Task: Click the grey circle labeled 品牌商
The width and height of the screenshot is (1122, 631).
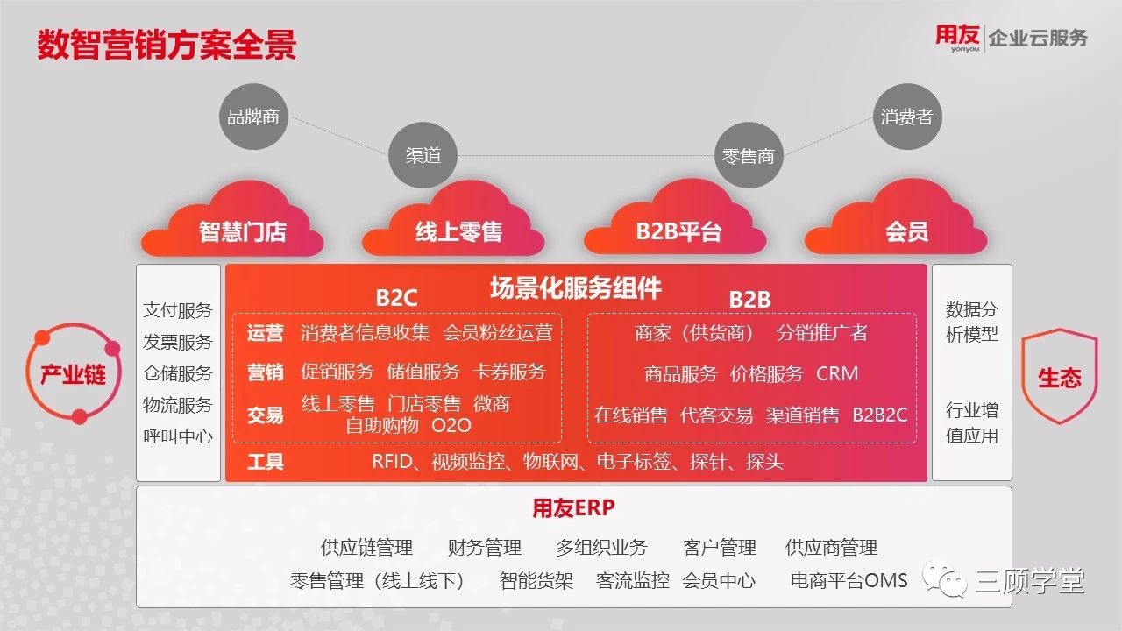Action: coord(253,117)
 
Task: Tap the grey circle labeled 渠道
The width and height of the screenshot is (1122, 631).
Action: coord(423,155)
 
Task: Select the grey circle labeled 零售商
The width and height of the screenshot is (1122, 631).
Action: coord(749,156)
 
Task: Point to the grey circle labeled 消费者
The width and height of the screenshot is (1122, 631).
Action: coord(907,117)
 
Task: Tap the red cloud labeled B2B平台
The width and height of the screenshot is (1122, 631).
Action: coord(675,220)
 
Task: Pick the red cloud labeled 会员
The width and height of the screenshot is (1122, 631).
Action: coord(897,220)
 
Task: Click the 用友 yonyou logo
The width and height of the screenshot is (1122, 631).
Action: coord(957,38)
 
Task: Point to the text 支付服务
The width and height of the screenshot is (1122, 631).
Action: coord(178,310)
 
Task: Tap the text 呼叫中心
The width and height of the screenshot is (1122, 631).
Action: coord(178,436)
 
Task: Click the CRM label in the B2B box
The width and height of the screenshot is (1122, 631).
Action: coord(837,373)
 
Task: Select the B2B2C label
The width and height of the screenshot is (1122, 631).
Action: coord(879,415)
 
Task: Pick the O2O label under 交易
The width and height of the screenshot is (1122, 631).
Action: coord(451,426)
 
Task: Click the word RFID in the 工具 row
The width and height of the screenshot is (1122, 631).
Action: coord(392,461)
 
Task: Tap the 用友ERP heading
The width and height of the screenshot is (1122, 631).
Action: coord(573,507)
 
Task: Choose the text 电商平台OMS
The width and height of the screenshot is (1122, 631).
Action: coord(849,580)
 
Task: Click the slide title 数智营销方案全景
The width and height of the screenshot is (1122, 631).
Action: coord(167,45)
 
